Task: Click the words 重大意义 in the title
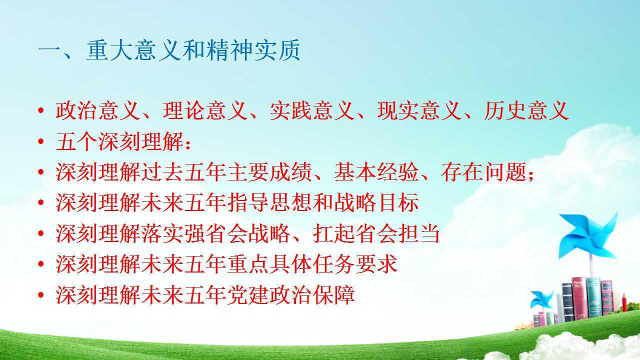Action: point(134,50)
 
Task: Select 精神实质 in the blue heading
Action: point(253,50)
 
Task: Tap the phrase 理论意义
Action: point(205,110)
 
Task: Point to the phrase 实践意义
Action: point(312,110)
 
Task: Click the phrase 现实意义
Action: point(419,110)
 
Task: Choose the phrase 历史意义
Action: point(526,110)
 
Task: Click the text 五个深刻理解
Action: point(119,141)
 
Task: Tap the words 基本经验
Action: point(376,172)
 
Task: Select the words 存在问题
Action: point(483,172)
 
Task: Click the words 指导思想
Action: point(269,202)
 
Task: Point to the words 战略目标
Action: point(376,202)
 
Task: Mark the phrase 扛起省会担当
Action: point(376,233)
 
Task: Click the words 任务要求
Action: point(355,264)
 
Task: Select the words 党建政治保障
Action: point(291,294)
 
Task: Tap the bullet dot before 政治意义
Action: point(41,110)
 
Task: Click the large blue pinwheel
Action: point(588,236)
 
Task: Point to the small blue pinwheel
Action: point(541,299)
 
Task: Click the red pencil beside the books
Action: point(624,302)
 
